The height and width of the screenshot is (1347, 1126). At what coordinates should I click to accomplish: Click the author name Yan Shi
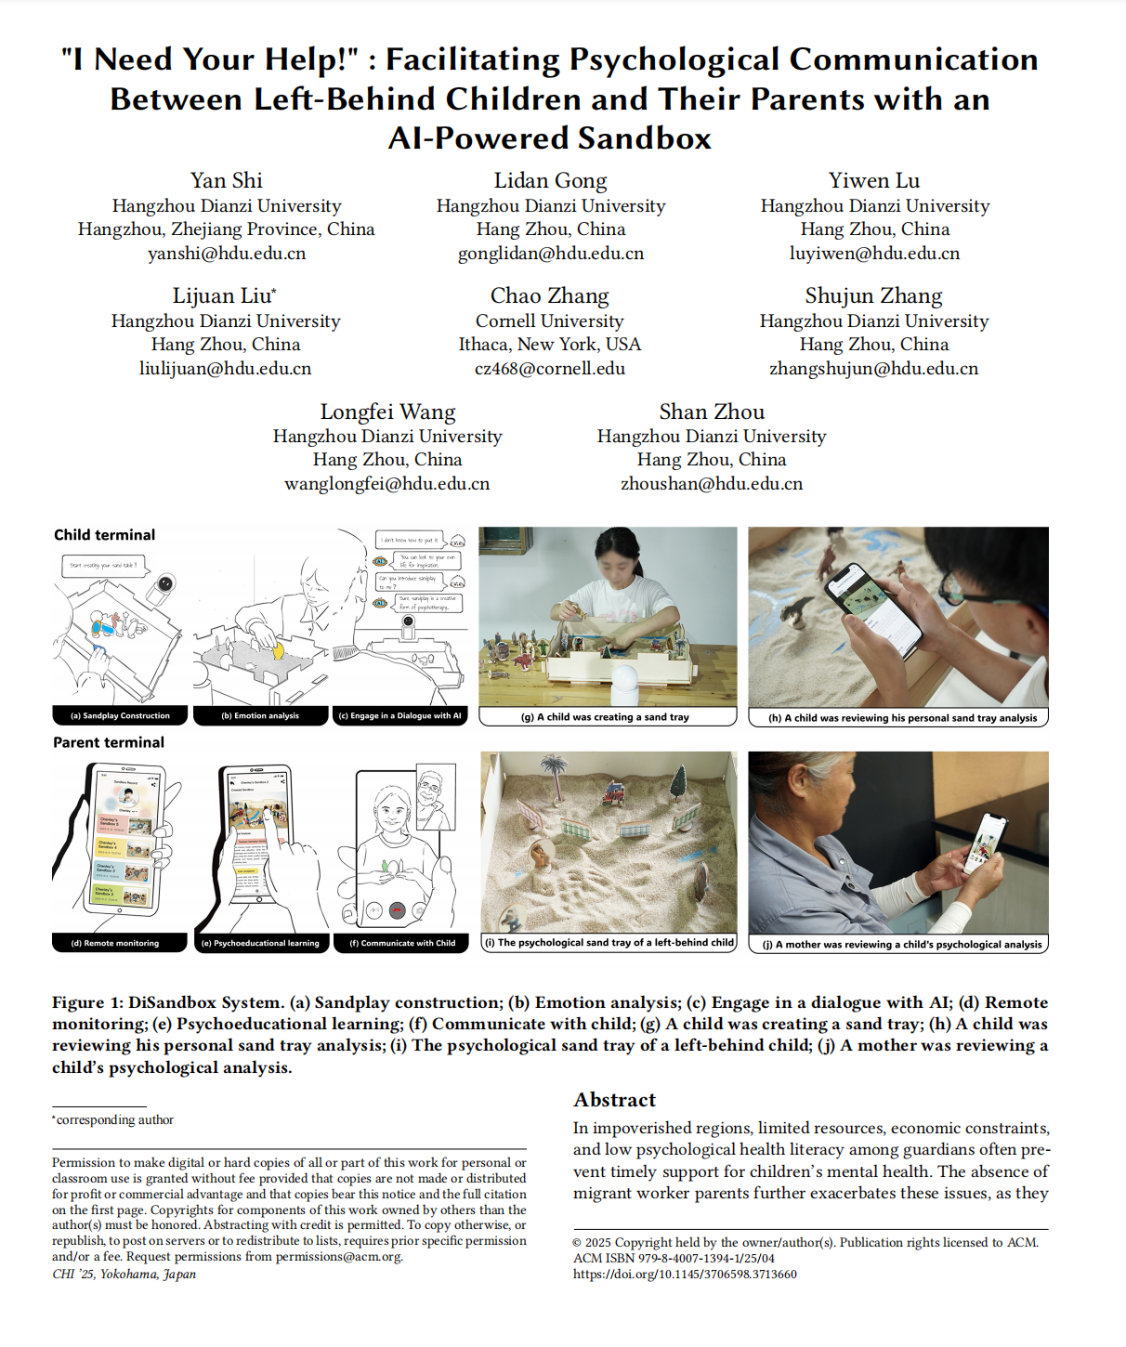[226, 180]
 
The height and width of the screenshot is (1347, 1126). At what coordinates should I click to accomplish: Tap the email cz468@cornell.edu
[549, 369]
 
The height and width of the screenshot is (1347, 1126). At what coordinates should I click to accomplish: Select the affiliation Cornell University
[549, 320]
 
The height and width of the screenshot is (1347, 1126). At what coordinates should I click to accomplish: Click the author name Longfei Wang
[387, 412]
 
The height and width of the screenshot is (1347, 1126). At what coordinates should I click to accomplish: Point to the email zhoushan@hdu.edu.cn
[712, 484]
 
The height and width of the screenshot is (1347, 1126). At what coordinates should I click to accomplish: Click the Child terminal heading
[104, 535]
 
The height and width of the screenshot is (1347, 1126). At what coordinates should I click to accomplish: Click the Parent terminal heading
[109, 742]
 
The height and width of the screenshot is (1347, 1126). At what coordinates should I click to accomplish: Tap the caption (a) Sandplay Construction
[120, 716]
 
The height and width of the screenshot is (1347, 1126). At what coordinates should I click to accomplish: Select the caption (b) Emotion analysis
[260, 716]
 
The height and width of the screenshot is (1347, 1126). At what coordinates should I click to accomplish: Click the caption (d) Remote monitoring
[115, 943]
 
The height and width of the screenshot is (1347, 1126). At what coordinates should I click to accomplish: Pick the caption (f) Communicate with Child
[402, 943]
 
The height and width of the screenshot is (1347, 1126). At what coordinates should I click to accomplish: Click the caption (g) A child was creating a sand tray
[607, 717]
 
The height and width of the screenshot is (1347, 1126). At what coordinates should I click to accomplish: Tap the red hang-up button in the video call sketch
[397, 910]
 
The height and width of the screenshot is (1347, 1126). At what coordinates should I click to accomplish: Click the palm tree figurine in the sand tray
[556, 776]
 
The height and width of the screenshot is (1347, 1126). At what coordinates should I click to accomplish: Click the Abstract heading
[614, 1100]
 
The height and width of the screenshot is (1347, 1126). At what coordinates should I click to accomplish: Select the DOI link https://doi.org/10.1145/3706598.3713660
[685, 1275]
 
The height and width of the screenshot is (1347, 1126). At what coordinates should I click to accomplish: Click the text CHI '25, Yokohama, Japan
[124, 1274]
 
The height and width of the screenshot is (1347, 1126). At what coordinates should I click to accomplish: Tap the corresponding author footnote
[114, 1120]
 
